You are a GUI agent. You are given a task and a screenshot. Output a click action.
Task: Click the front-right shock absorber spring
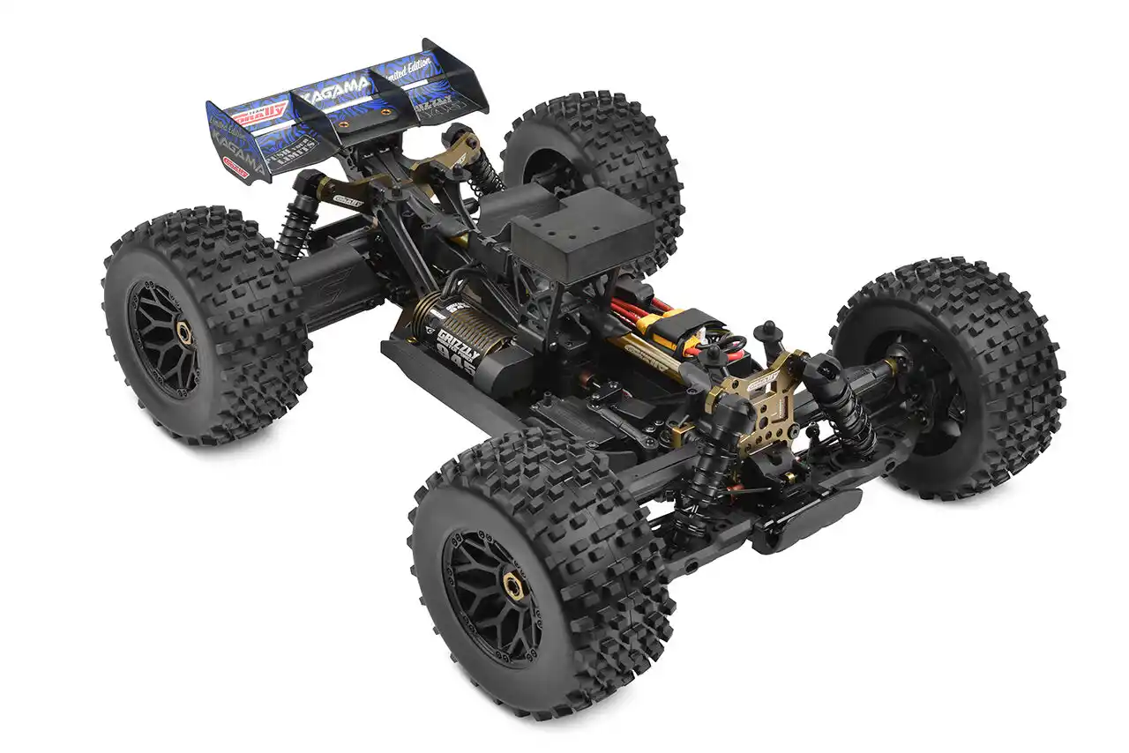[851, 414]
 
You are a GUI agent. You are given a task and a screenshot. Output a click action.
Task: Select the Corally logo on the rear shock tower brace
[348, 199]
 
